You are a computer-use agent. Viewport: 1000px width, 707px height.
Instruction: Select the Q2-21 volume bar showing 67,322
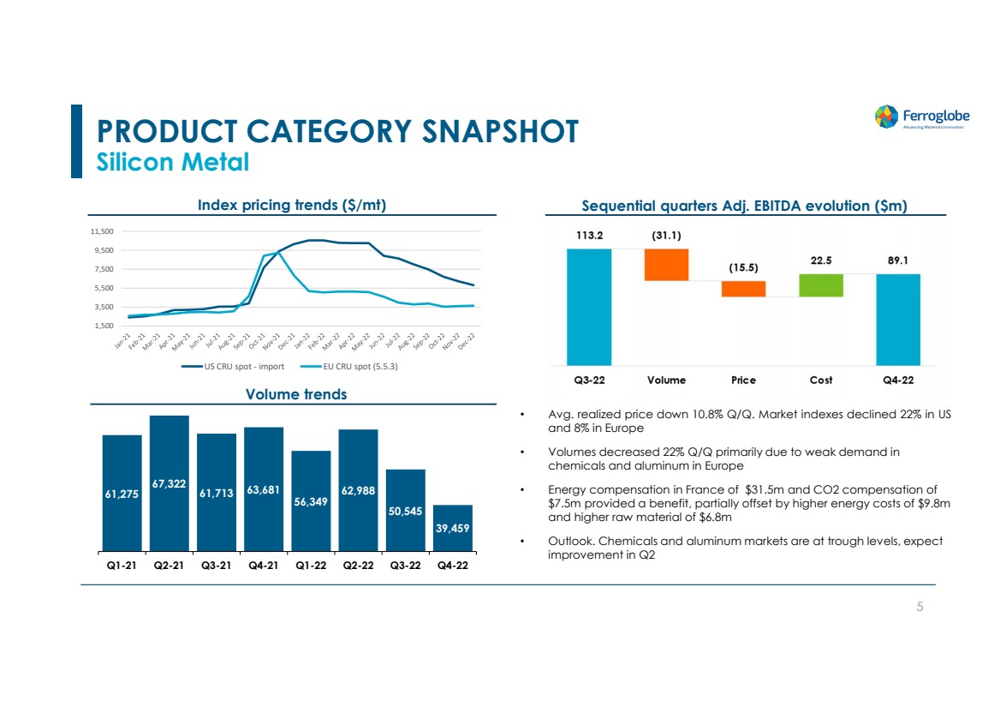point(169,483)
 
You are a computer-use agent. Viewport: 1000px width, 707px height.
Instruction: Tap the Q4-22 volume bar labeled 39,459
point(453,528)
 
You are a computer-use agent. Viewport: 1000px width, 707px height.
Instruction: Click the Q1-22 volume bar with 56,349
point(311,500)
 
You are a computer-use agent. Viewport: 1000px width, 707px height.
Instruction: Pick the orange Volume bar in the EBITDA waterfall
point(666,265)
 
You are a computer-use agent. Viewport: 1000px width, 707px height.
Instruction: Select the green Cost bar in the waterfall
point(821,285)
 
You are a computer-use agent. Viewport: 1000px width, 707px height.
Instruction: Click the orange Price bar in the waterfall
point(743,289)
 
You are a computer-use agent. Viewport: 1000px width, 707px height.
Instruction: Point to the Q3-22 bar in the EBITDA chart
point(589,306)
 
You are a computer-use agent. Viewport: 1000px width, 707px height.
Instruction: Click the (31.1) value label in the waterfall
point(666,234)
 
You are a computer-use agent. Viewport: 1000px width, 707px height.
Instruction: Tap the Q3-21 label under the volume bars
point(217,566)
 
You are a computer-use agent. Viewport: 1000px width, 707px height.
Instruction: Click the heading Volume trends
point(295,394)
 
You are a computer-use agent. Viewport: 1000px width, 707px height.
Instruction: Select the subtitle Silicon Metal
point(173,161)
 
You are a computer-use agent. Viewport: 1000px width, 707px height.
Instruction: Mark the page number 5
point(920,607)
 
